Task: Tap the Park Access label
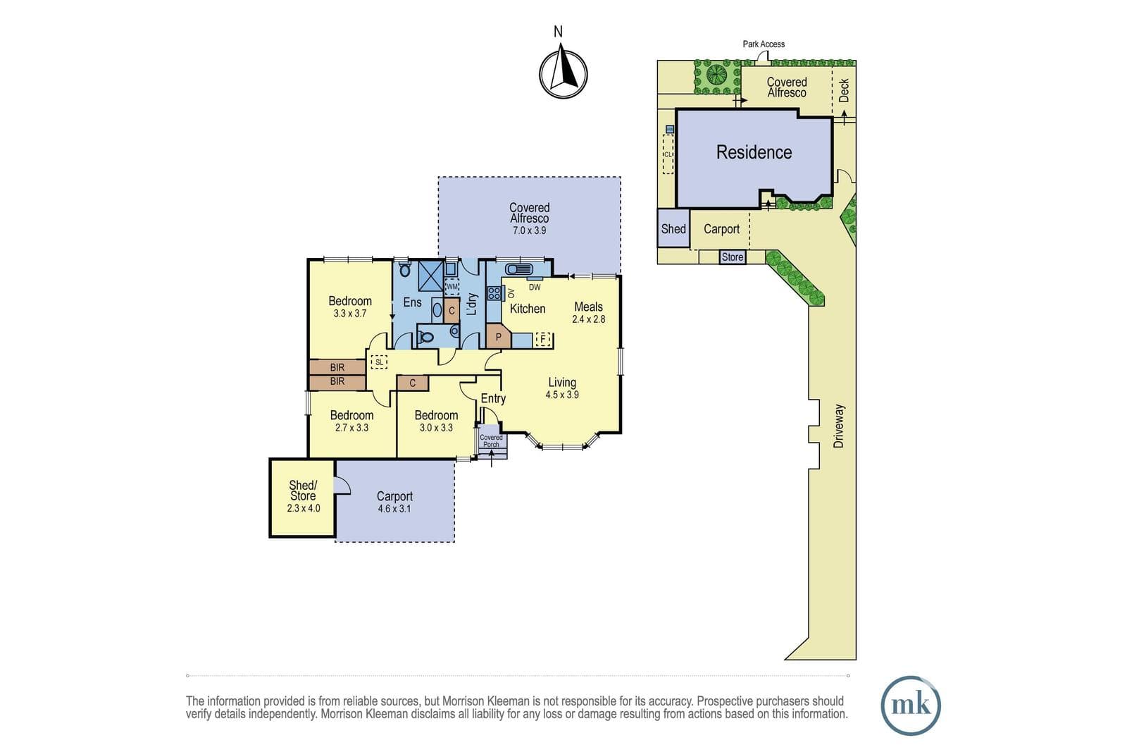click(764, 44)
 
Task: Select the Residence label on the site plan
click(754, 152)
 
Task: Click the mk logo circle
click(911, 705)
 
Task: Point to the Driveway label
click(838, 426)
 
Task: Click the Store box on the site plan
click(732, 257)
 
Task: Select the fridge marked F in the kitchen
click(542, 339)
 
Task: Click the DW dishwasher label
click(535, 287)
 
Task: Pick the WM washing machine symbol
click(452, 286)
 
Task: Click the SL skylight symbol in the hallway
click(379, 362)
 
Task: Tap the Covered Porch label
click(491, 441)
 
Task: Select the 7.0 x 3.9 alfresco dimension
click(529, 230)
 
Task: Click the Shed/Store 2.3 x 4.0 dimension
click(304, 508)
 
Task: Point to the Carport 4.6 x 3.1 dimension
click(394, 508)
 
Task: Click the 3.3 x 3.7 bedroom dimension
click(349, 313)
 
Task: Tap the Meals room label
click(588, 307)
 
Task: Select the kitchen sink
click(519, 269)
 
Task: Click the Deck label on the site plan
click(844, 91)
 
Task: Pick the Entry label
click(493, 399)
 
